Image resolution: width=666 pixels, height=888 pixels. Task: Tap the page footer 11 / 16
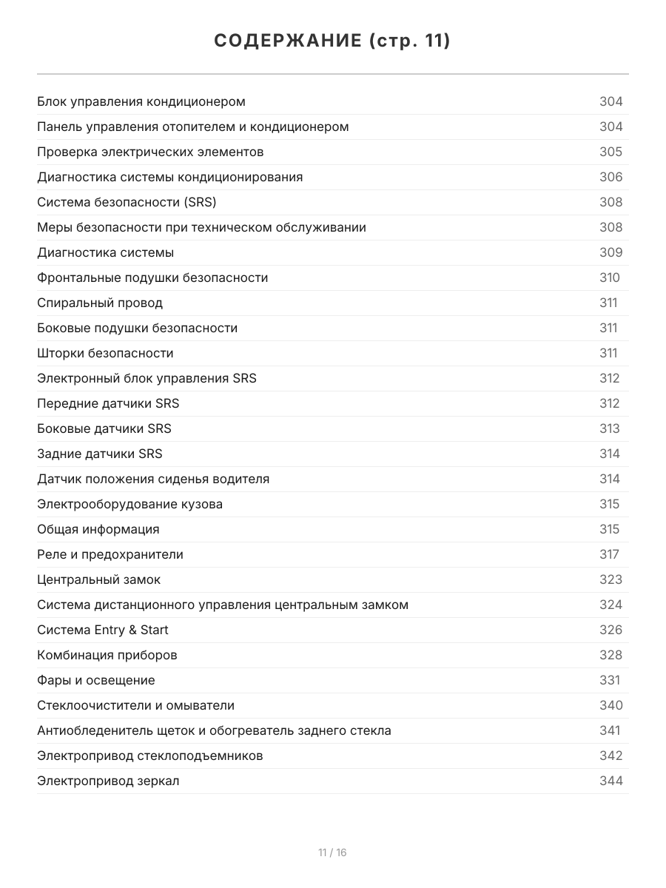tap(332, 852)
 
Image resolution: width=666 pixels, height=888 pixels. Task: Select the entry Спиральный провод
tap(100, 303)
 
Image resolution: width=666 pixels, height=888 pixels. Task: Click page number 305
tap(610, 152)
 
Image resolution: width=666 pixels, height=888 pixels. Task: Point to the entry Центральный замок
tap(98, 579)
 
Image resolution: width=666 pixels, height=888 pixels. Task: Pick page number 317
tap(609, 554)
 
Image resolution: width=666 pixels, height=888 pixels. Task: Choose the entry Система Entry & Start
tap(103, 630)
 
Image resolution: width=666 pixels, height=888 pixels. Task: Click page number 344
tap(610, 781)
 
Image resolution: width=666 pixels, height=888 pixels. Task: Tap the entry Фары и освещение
tap(96, 680)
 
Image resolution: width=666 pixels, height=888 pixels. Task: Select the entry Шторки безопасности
tap(105, 353)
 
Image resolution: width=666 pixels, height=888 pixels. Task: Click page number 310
tap(610, 277)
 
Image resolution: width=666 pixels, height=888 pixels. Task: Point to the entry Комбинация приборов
tap(107, 655)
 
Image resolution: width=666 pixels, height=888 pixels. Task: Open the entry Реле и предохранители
tap(110, 554)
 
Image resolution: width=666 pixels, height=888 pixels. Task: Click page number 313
tap(610, 428)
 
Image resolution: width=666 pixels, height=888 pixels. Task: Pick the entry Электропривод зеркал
tap(108, 781)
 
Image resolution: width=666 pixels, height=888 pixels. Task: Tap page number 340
tap(610, 705)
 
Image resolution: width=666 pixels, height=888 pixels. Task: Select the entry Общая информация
tap(98, 529)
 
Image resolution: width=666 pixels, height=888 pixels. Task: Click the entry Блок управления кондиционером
tap(141, 101)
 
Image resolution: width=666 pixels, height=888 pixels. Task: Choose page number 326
tap(610, 630)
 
